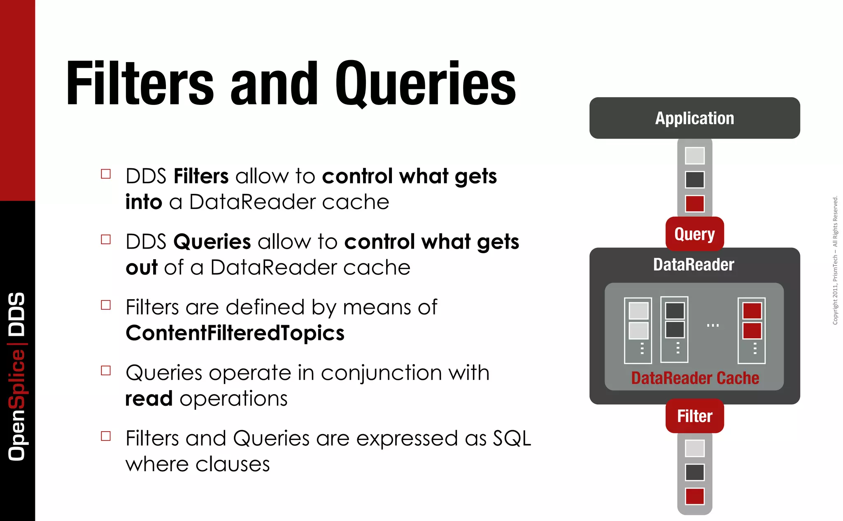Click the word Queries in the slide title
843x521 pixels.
coord(425,84)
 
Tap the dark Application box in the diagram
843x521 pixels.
coord(694,118)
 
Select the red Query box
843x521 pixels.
coord(694,234)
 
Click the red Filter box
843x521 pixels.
coord(694,416)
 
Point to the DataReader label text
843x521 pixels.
coord(694,265)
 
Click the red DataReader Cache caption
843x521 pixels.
coord(695,378)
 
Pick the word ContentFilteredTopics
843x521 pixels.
coord(235,333)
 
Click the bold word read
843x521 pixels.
coord(149,398)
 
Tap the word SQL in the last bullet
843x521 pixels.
coord(512,438)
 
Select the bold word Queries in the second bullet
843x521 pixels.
coord(212,242)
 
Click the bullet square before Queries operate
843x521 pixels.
coord(106,370)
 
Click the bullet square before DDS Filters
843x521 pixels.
coord(106,174)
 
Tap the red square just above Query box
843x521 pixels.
coord(695,204)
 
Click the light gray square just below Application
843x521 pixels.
coord(695,156)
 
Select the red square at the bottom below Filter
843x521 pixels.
coord(695,496)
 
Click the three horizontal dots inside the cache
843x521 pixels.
coord(713,325)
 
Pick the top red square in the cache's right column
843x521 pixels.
coord(752,311)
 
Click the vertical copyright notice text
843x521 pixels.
coord(835,260)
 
